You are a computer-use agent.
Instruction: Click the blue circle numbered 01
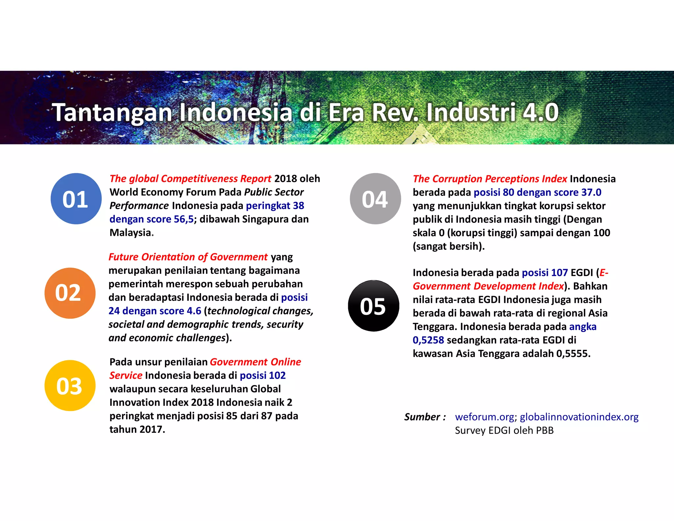click(76, 199)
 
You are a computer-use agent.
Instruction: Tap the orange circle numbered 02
click(70, 293)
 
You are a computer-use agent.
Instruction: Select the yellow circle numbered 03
click(70, 386)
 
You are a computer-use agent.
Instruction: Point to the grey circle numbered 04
click(375, 199)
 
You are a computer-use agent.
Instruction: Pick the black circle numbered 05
click(374, 306)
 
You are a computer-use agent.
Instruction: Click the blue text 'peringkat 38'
click(275, 206)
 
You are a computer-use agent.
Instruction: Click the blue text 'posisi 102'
click(263, 375)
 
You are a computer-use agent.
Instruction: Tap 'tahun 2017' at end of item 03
click(137, 429)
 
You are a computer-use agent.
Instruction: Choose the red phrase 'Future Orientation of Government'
click(188, 257)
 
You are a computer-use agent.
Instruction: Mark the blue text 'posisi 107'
click(545, 272)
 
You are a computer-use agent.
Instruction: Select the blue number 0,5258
click(428, 340)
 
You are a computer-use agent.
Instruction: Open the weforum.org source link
click(484, 417)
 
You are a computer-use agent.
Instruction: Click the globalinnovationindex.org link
click(579, 417)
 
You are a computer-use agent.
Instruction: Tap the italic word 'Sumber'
click(422, 417)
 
